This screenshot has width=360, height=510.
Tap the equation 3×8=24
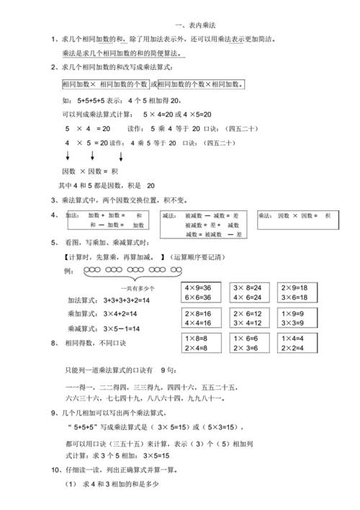248,287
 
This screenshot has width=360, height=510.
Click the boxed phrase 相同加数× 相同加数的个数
105,84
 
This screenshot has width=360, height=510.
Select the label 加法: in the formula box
73,215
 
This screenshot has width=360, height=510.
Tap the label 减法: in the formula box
171,215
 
